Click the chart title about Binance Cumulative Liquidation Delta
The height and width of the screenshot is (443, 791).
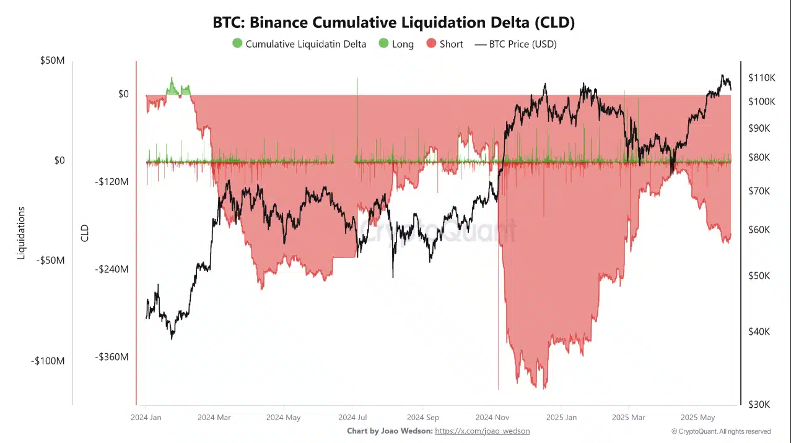(394, 23)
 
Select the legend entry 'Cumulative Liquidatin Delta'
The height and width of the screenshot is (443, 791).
(299, 44)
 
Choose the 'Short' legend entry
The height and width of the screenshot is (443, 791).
(445, 44)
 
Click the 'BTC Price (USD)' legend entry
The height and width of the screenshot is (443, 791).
(515, 44)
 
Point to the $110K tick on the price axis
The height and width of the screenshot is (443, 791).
(761, 78)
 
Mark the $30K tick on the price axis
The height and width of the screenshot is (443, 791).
(759, 404)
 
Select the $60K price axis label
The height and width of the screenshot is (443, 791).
(759, 230)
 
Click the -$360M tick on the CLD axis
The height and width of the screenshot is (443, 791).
(111, 357)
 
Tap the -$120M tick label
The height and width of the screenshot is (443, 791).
(111, 182)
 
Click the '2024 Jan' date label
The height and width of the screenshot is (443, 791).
(146, 417)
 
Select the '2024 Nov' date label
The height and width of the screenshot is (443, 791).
(492, 417)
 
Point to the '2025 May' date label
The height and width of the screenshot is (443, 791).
(697, 417)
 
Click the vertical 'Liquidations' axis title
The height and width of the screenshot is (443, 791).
(22, 233)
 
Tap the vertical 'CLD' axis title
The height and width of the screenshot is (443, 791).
(85, 233)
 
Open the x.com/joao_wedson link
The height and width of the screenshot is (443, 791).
(482, 431)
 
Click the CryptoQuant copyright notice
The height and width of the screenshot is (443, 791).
(720, 431)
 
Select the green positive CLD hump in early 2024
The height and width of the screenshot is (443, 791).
(177, 89)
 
